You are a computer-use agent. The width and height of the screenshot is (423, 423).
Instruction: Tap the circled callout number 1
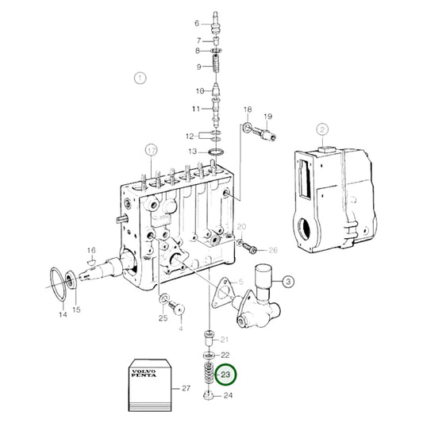pos(140,78)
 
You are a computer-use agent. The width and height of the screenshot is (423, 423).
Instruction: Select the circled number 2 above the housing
pos(323,129)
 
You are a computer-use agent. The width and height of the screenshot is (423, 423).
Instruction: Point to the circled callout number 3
pos(287,280)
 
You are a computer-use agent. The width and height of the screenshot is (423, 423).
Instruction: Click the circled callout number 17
pos(151,148)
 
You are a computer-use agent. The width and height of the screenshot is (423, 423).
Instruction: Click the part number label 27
pos(187,388)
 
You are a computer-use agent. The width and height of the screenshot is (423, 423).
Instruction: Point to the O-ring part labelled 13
pos(214,150)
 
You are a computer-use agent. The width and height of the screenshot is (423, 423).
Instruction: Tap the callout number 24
pos(229,394)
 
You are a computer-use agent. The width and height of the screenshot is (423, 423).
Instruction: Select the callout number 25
pos(162,318)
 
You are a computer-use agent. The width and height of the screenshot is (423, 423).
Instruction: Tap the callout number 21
pos(225,340)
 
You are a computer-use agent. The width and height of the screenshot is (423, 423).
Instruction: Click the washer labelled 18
pos(249,126)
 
